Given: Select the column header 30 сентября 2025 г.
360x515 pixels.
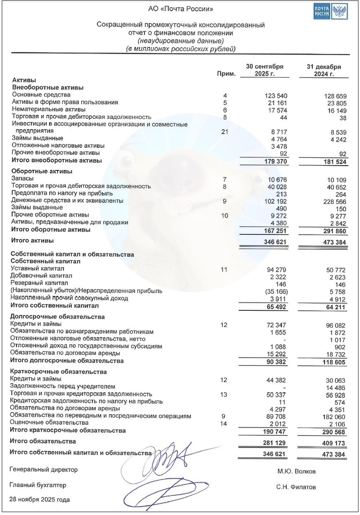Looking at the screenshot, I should pyautogui.click(x=264, y=70).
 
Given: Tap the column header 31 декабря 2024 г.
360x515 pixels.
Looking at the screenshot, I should pyautogui.click(x=321, y=70).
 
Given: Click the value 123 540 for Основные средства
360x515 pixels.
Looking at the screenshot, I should pyautogui.click(x=275, y=96).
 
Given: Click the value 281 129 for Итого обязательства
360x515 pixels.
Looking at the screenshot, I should pyautogui.click(x=275, y=441).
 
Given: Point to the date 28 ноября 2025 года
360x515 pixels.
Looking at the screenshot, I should pyautogui.click(x=40, y=500).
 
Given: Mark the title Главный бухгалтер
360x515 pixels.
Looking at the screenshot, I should pyautogui.click(x=38, y=485).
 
